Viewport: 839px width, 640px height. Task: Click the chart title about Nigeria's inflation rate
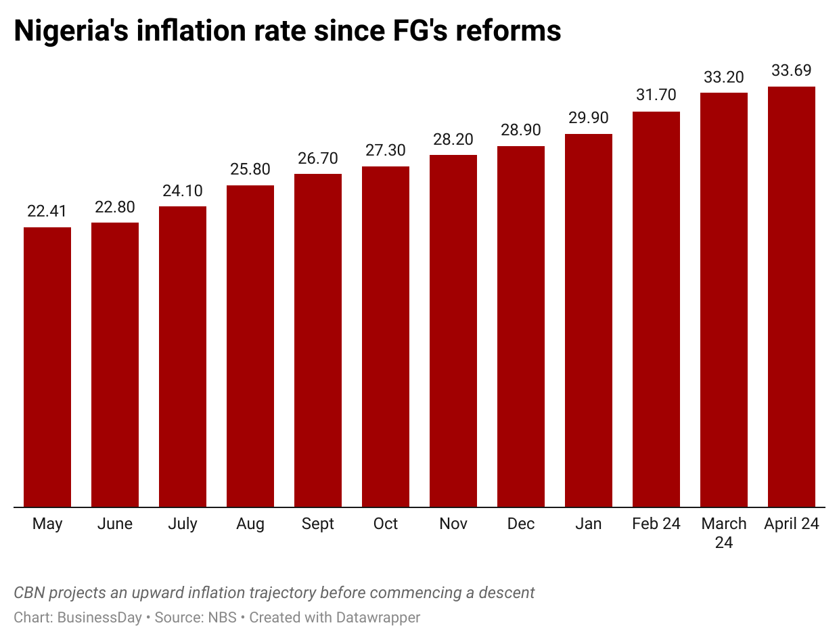[288, 31]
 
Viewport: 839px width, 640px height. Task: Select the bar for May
[47, 367]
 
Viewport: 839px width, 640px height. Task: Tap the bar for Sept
[318, 340]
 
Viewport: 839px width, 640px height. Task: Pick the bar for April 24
[792, 296]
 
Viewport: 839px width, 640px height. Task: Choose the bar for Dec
[521, 326]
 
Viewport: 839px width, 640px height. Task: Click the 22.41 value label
[47, 211]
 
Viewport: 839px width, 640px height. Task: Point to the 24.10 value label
[183, 190]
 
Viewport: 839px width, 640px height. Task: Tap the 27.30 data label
[386, 150]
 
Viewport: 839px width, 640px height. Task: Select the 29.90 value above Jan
[589, 118]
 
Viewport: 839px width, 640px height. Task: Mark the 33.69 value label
[792, 70]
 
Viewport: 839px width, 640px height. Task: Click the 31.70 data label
[656, 95]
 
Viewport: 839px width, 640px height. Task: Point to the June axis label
[115, 524]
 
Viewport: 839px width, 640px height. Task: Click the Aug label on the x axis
[250, 524]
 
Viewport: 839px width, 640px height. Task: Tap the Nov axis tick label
[453, 524]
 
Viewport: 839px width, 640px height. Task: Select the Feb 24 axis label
[656, 524]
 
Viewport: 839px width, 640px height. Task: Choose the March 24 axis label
[724, 532]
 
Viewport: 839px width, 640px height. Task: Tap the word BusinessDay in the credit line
[99, 618]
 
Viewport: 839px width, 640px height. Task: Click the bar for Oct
[386, 336]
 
